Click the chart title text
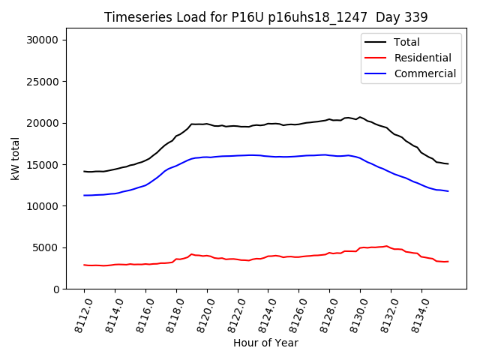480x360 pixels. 265,17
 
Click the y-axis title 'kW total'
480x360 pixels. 15,158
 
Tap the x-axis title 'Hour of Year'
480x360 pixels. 265,343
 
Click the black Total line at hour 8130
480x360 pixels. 360,117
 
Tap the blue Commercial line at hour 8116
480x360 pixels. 145,184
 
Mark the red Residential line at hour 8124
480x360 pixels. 268,256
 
